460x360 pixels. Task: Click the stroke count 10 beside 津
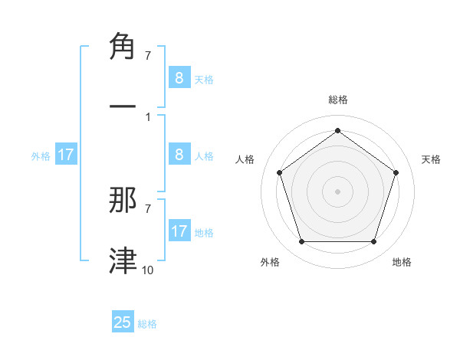point(148,270)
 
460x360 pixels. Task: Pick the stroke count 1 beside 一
point(147,116)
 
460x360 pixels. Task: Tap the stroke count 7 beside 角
point(147,56)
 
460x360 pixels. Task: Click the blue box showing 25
point(123,322)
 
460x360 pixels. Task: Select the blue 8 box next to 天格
point(179,77)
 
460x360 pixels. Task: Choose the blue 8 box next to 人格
point(179,155)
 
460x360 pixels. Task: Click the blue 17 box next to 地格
point(179,231)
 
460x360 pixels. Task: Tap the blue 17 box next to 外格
point(65,155)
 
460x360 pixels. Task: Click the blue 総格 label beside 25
point(147,324)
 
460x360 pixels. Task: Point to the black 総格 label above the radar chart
point(337,100)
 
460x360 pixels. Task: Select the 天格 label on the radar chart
point(431,159)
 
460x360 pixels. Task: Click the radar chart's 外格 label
point(270,262)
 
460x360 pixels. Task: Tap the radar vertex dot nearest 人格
point(279,172)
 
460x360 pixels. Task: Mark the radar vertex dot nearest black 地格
point(373,242)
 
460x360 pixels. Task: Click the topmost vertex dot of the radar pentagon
point(337,131)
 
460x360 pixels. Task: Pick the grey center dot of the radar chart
point(337,191)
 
